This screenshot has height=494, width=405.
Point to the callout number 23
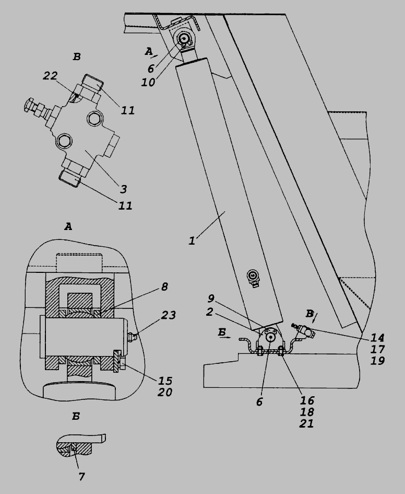point(168,315)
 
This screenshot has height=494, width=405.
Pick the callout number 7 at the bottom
point(82,476)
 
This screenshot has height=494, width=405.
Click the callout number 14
point(377,337)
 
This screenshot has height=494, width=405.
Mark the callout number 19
point(377,360)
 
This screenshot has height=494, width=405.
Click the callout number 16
point(307,400)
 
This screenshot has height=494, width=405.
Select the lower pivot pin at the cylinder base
point(271,337)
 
